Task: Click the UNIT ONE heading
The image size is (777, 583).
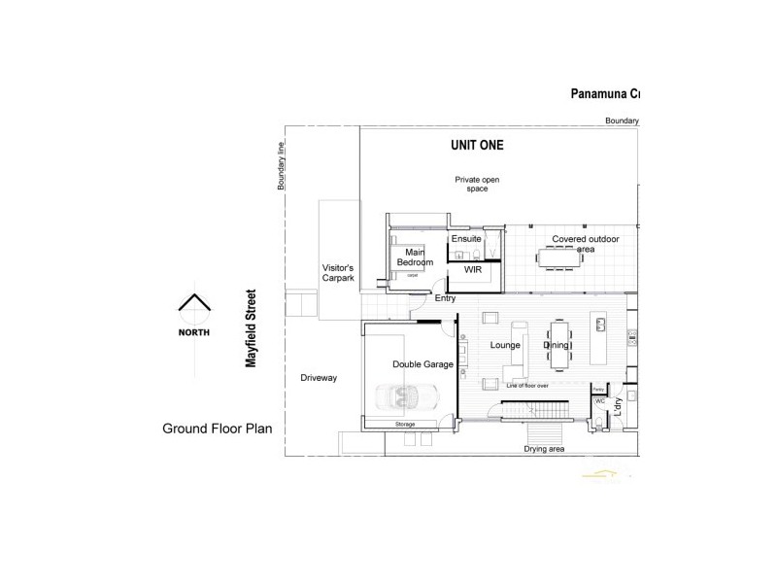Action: [x=477, y=146]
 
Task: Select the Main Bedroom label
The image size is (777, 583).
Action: [x=414, y=257]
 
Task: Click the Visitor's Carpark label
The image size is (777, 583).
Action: [x=338, y=273]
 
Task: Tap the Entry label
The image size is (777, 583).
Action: [x=445, y=298]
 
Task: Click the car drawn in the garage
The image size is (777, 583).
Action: [x=408, y=397]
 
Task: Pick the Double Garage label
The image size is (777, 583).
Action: [x=422, y=364]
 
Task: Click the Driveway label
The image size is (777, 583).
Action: [x=318, y=378]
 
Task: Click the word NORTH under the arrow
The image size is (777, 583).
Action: [x=193, y=331]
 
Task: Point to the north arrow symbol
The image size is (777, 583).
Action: [x=193, y=306]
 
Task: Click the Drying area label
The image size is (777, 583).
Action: [x=545, y=449]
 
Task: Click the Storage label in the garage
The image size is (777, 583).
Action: [x=405, y=425]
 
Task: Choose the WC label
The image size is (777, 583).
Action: [x=600, y=399]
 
